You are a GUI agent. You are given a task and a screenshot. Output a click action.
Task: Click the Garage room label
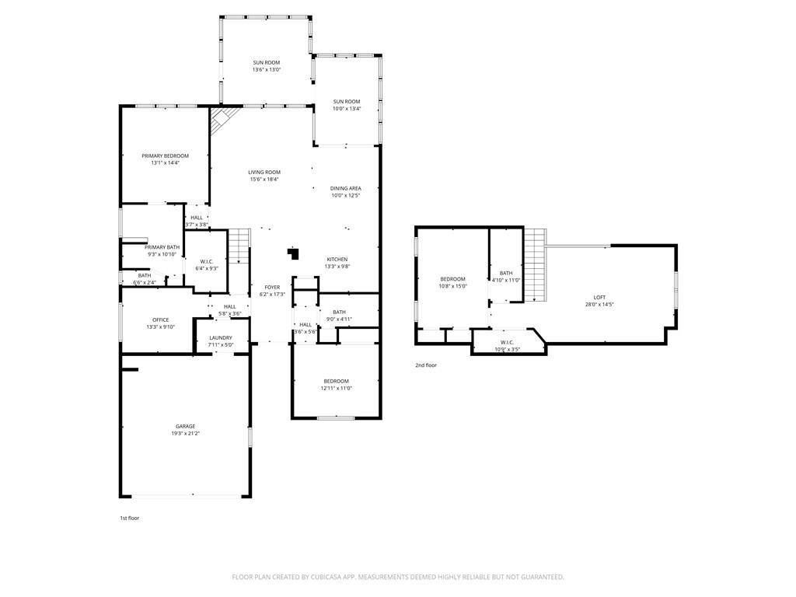[185, 426]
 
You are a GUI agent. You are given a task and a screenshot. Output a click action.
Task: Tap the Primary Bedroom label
[165, 155]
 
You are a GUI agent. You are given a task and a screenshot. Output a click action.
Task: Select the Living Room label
[264, 172]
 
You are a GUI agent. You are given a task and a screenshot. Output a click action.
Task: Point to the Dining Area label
[345, 188]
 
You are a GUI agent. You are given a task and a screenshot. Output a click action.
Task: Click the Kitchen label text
[337, 259]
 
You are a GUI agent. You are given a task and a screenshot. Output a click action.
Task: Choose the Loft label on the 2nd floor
[599, 297]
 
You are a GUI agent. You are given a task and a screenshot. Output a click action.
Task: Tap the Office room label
[160, 319]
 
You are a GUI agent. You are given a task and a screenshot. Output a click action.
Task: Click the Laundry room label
[221, 337]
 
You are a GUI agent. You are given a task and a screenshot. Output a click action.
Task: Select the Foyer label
[272, 287]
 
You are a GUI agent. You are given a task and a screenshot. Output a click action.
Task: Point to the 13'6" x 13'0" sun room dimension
[266, 70]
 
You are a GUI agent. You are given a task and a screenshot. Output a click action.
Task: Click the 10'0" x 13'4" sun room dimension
[347, 109]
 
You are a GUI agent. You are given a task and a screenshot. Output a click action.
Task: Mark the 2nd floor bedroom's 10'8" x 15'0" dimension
[452, 286]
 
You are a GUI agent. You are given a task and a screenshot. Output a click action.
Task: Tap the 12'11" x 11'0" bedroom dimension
[336, 389]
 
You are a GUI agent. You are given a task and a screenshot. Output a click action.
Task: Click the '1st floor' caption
[129, 517]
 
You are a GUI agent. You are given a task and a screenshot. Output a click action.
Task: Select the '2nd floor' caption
[425, 365]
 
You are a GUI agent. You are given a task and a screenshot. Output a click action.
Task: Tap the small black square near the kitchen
[293, 253]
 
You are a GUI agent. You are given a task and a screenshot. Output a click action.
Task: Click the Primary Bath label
[162, 247]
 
